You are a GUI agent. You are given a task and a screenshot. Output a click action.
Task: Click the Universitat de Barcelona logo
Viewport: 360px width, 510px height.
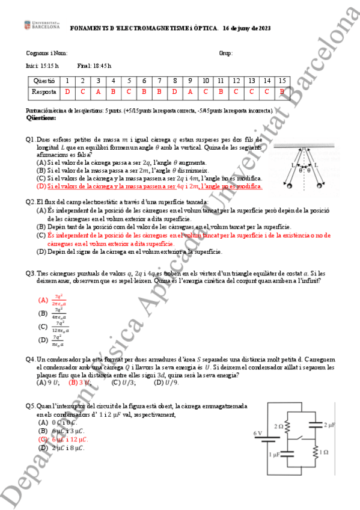41,25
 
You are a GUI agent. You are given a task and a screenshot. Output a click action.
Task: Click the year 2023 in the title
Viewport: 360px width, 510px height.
263,28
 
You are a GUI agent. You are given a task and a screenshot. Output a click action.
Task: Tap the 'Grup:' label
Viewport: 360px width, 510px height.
225,54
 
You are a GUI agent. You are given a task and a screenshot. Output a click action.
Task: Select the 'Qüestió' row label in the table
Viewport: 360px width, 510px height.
44,81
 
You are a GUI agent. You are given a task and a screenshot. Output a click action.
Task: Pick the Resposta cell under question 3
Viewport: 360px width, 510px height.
98,92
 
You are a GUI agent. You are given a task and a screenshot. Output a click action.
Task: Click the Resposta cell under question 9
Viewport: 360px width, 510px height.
190,92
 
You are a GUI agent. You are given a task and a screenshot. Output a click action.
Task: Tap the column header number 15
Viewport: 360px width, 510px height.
282,81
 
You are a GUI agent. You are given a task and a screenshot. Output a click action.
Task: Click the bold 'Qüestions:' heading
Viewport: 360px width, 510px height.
41,118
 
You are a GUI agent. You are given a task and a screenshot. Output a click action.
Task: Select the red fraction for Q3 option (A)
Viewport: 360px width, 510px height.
59,300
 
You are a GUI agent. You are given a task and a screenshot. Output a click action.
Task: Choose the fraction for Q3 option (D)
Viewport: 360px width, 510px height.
59,340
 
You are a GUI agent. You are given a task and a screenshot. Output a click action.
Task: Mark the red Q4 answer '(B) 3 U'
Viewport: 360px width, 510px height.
81,382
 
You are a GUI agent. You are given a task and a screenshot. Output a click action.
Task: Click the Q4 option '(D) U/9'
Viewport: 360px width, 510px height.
166,382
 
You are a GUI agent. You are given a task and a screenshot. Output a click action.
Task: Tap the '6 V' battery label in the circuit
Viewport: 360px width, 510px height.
258,433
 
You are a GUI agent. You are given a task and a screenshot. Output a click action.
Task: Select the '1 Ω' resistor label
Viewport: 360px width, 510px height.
323,451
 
